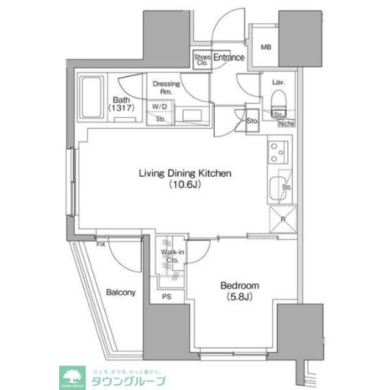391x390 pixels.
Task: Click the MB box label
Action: pos(267,48)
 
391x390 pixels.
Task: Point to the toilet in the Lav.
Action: pos(279,99)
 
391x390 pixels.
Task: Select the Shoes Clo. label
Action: pos(201,59)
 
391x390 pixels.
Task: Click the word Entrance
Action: pos(229,57)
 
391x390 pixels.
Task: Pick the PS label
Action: pos(167,297)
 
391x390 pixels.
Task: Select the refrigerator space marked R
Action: pos(281,219)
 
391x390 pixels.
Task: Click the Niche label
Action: pos(285,124)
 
